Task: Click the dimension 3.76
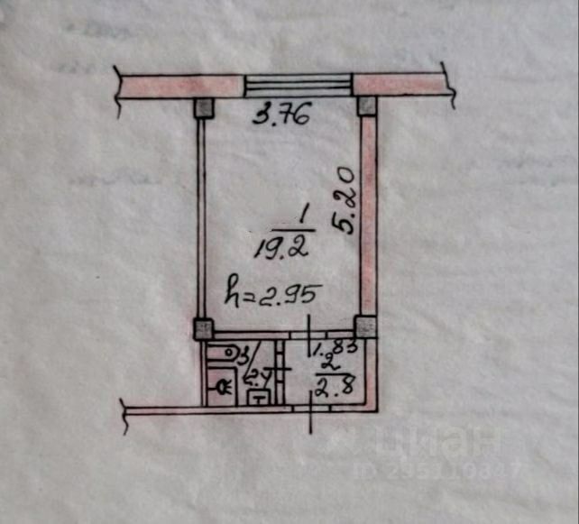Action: pyautogui.click(x=280, y=115)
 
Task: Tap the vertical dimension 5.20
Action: pyautogui.click(x=345, y=199)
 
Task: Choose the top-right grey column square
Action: pyautogui.click(x=367, y=106)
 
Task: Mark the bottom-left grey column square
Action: pyautogui.click(x=204, y=328)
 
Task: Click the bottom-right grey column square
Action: pyautogui.click(x=366, y=326)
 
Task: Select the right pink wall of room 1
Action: pyautogui.click(x=368, y=216)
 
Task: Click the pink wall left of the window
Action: pyautogui.click(x=179, y=86)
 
